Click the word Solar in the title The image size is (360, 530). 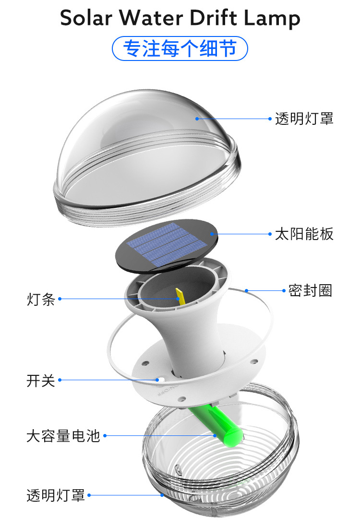pyautogui.click(x=85, y=18)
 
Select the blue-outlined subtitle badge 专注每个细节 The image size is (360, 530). pyautogui.click(x=180, y=49)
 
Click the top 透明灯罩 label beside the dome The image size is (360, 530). pyautogui.click(x=304, y=119)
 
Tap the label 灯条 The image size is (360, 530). pyautogui.click(x=41, y=300)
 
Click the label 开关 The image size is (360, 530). pyautogui.click(x=41, y=381)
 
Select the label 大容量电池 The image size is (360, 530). pyautogui.click(x=63, y=436)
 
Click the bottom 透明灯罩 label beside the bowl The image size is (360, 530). pyautogui.click(x=56, y=495)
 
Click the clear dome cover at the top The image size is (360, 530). pyautogui.click(x=144, y=144)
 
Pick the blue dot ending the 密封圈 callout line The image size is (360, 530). pyautogui.click(x=246, y=290)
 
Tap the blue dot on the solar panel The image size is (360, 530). pyautogui.click(x=212, y=234)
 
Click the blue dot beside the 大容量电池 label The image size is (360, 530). pyautogui.click(x=105, y=436)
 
